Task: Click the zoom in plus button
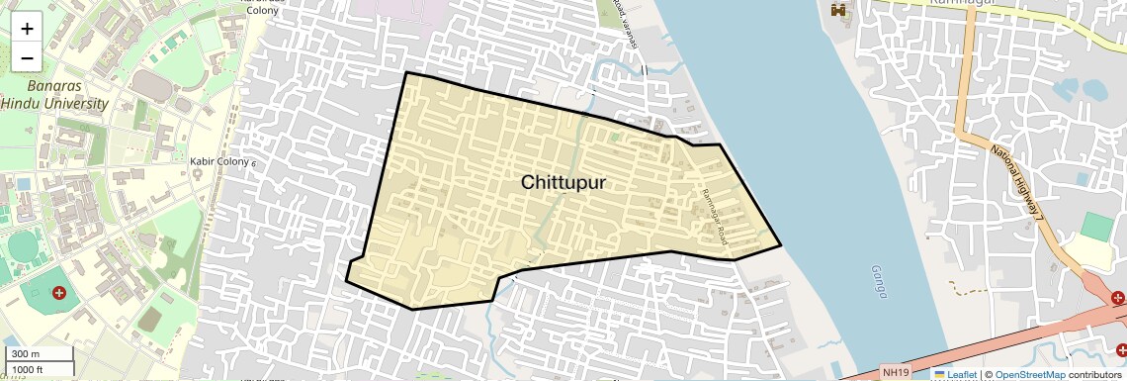pyautogui.click(x=27, y=29)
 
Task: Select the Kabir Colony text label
pyautogui.click(x=219, y=160)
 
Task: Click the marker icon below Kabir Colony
pyautogui.click(x=198, y=174)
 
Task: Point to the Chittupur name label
pyautogui.click(x=563, y=183)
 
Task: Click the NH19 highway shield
pyautogui.click(x=894, y=373)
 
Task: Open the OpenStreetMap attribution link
pyautogui.click(x=1029, y=374)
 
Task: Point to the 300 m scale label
pyautogui.click(x=26, y=354)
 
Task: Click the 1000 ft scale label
pyautogui.click(x=28, y=369)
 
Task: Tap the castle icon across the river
pyautogui.click(x=840, y=10)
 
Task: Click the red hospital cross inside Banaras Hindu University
pyautogui.click(x=59, y=293)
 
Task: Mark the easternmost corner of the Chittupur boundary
pyautogui.click(x=781, y=244)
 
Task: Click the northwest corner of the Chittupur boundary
pyautogui.click(x=407, y=72)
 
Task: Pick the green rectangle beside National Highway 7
pyautogui.click(x=1095, y=226)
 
